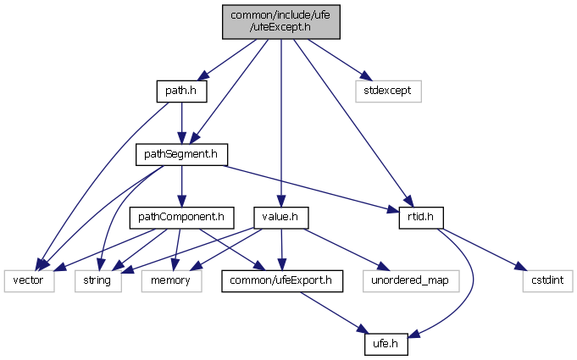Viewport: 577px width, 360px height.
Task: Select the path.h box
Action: coord(181,90)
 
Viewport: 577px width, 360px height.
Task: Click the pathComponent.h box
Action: coord(180,218)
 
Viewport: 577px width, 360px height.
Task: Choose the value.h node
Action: coord(280,218)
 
